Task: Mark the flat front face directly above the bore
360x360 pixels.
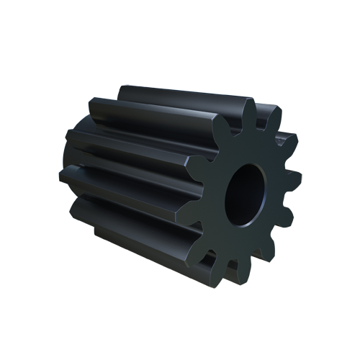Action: pyautogui.click(x=252, y=148)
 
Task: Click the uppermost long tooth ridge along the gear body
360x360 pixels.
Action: pyautogui.click(x=180, y=97)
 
